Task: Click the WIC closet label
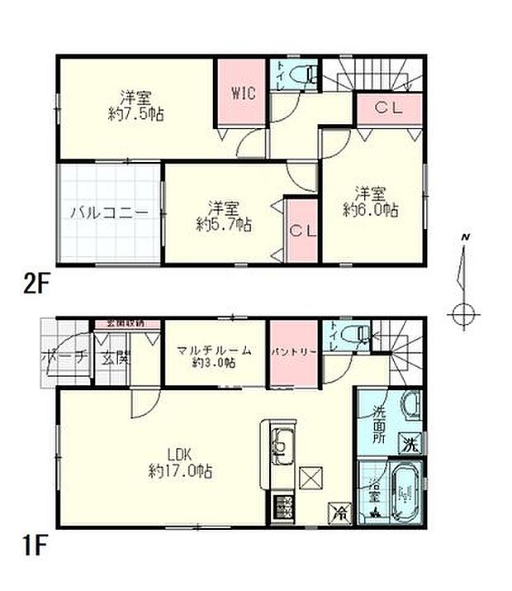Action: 243,93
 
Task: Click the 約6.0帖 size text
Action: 371,211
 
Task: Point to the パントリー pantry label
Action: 293,351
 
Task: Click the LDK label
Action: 179,455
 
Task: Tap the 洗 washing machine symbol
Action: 410,444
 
